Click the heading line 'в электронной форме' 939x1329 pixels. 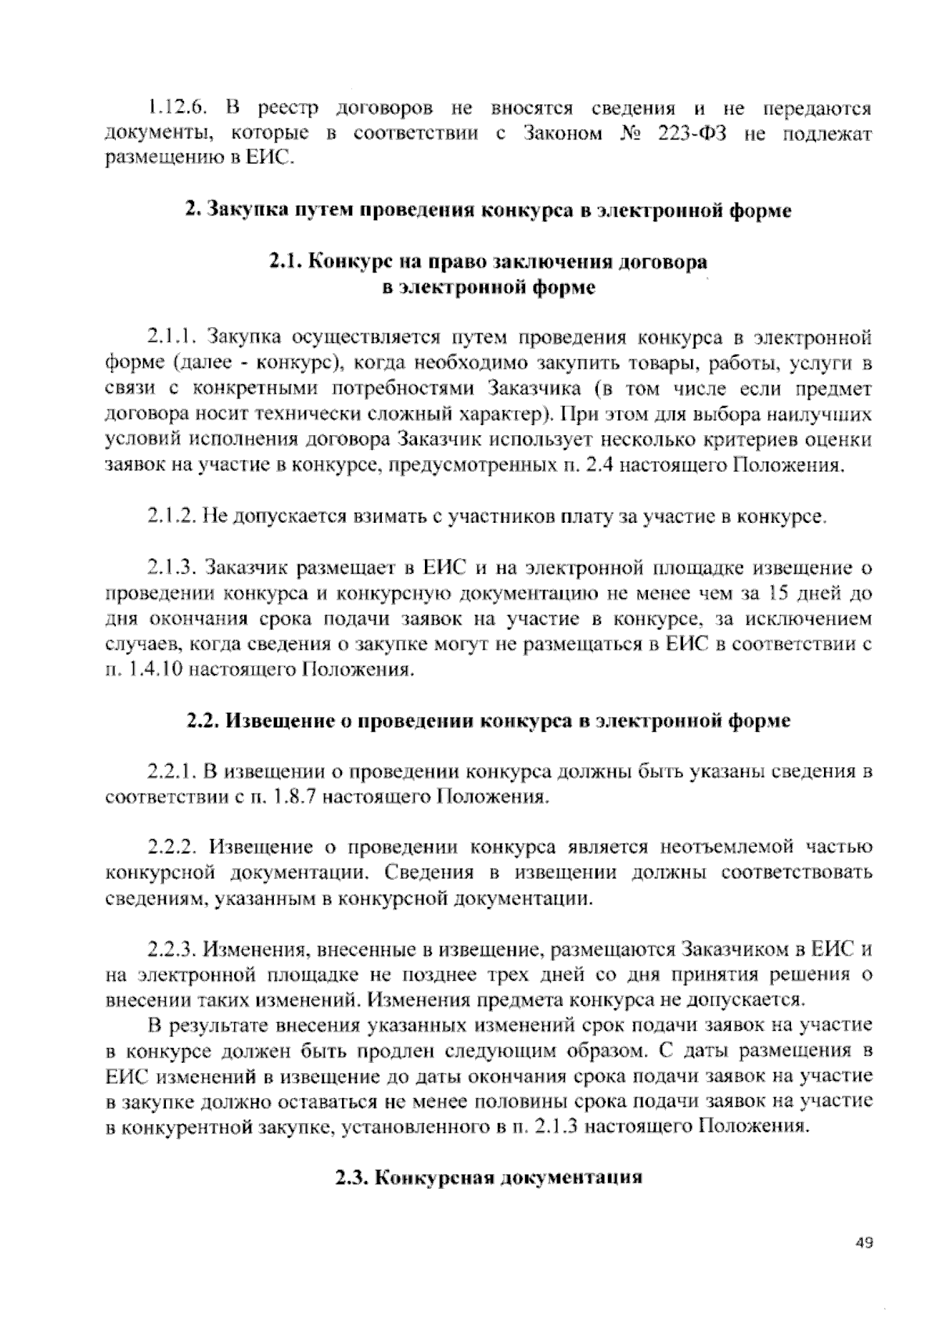tap(488, 288)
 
